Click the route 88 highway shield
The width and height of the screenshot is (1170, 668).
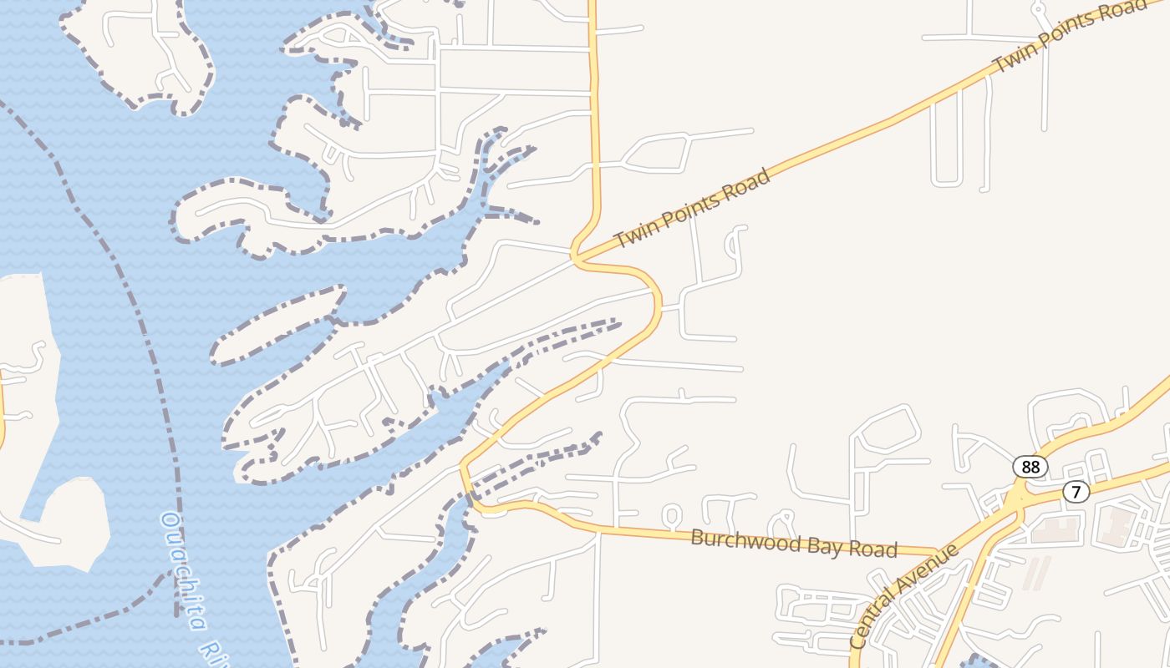1030,467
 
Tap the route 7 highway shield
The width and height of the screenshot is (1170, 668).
1076,492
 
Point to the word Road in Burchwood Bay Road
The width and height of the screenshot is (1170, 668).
871,549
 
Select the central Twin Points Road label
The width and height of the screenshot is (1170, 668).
692,209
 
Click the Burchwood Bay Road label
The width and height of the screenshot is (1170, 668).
794,544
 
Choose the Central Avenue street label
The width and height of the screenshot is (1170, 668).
904,595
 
